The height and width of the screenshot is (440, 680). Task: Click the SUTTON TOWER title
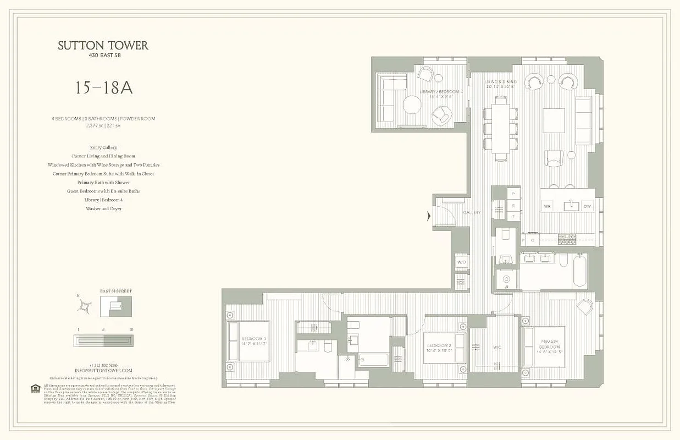tap(103, 46)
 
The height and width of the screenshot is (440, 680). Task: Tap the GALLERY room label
tap(471, 212)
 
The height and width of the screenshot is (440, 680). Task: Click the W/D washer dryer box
tap(461, 262)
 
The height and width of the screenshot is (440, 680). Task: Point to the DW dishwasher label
tap(587, 206)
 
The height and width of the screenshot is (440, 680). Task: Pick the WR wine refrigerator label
tap(547, 206)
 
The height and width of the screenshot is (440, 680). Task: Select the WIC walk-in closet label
tap(496, 347)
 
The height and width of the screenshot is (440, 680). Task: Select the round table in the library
tap(412, 105)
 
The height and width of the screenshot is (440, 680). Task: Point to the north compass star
tap(85, 306)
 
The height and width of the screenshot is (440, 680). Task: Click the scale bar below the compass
tap(103, 341)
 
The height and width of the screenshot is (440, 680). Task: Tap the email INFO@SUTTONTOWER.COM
tap(103, 371)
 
